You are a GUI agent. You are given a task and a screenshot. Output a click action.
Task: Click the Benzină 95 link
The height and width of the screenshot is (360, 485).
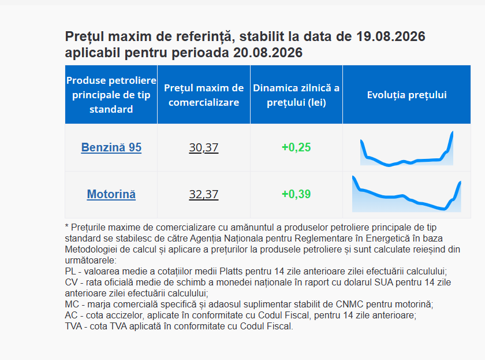tap(111, 147)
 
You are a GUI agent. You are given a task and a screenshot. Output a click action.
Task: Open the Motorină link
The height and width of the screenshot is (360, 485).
tap(111, 194)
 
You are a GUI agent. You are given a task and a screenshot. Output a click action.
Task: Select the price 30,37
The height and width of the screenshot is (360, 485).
tap(203, 148)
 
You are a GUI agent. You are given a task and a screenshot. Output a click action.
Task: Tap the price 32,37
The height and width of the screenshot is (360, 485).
tap(203, 194)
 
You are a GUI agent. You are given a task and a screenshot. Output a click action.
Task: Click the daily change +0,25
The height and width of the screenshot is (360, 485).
tap(296, 147)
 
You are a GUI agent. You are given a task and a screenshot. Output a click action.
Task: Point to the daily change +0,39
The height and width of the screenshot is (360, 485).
tap(296, 194)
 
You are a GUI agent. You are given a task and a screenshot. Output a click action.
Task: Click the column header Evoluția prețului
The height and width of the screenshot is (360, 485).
tap(406, 95)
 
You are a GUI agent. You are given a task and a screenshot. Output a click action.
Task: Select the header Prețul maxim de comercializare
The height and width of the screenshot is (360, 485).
tap(203, 95)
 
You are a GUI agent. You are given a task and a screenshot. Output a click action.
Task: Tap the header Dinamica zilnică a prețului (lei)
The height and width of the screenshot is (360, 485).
tap(296, 95)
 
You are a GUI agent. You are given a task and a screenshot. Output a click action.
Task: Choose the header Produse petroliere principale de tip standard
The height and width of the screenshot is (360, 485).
tap(111, 95)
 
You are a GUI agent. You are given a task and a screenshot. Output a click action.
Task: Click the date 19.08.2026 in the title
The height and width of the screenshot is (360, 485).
tap(391, 36)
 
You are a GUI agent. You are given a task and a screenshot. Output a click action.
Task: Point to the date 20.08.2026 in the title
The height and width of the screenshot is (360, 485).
tap(268, 53)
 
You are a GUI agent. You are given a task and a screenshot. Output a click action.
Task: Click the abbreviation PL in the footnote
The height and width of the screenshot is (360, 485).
tap(70, 272)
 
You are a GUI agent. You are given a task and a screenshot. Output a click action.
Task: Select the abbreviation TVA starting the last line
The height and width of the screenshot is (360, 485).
tap(73, 326)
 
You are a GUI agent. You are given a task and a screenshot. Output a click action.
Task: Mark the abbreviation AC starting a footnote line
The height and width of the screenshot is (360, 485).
tap(71, 316)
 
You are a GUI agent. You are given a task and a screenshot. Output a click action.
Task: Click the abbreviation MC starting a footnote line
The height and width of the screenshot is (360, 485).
tap(72, 305)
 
